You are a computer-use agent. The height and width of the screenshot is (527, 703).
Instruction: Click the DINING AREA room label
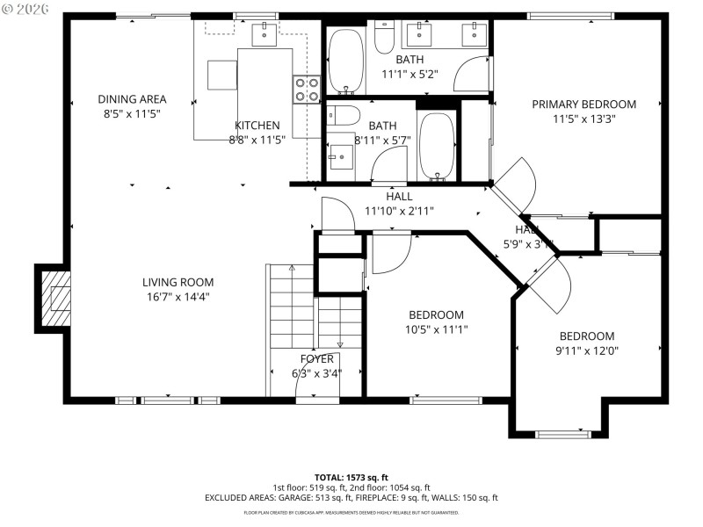(132, 99)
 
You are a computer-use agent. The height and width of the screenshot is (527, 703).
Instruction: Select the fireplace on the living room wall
(54, 298)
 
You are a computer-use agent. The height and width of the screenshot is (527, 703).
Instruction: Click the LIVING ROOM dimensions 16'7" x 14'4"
(178, 297)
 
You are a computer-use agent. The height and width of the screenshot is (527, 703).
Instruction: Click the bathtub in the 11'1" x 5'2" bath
(346, 61)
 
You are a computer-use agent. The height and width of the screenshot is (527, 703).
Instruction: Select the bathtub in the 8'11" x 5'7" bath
(436, 145)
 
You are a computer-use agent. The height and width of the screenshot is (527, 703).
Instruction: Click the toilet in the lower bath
(344, 115)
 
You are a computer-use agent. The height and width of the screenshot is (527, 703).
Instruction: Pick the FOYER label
(316, 358)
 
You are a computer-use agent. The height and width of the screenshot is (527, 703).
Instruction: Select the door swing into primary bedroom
(518, 181)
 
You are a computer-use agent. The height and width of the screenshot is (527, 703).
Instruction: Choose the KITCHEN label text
(257, 126)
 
